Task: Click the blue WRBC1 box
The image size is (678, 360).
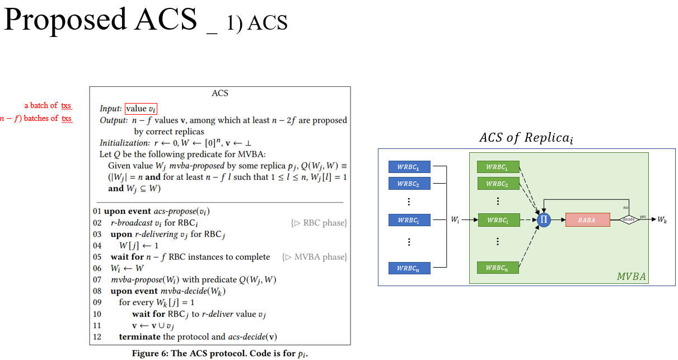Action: pos(409,167)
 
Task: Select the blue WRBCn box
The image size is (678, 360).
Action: pos(409,268)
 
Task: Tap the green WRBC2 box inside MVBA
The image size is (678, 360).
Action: pos(498,184)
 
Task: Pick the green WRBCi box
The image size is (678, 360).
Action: pos(498,220)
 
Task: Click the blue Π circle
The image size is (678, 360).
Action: pos(543,220)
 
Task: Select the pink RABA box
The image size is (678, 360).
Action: pos(587,220)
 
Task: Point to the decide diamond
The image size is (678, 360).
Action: pos(629,219)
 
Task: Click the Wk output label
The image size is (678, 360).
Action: pos(662,220)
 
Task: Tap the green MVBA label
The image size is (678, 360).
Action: pos(631,277)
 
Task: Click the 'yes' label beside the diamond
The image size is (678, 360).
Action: pos(642,216)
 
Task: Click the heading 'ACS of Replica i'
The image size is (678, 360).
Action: pos(526,138)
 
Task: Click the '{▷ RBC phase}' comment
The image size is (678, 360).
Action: pos(319,223)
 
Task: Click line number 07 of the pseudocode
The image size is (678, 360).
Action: pos(97,279)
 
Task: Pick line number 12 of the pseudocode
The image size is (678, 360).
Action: pos(97,336)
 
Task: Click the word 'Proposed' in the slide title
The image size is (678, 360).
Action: pos(65,20)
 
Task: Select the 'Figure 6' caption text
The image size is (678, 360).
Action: pos(220,353)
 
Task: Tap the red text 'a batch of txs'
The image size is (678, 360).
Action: pos(48,105)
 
